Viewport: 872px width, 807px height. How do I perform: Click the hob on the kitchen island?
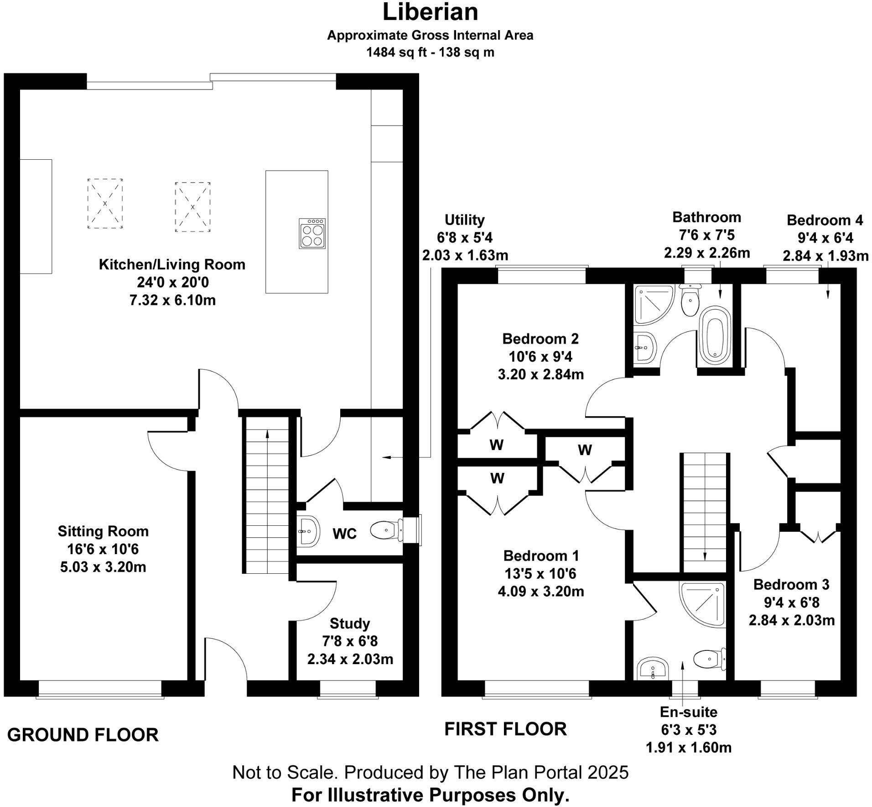312,233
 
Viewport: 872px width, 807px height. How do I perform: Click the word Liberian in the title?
430,12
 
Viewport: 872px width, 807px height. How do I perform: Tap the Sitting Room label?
103,531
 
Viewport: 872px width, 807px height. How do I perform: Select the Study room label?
350,624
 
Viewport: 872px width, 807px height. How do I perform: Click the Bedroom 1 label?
541,556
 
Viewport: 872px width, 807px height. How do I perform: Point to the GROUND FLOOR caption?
83,735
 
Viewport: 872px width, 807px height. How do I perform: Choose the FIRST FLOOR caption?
505,729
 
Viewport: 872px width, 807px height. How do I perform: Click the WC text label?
344,534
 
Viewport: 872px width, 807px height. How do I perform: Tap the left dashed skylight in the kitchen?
105,204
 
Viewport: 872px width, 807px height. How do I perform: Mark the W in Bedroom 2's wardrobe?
496,445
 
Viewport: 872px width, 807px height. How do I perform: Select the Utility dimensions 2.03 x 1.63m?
465,255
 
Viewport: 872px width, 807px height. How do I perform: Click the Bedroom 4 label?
825,220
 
